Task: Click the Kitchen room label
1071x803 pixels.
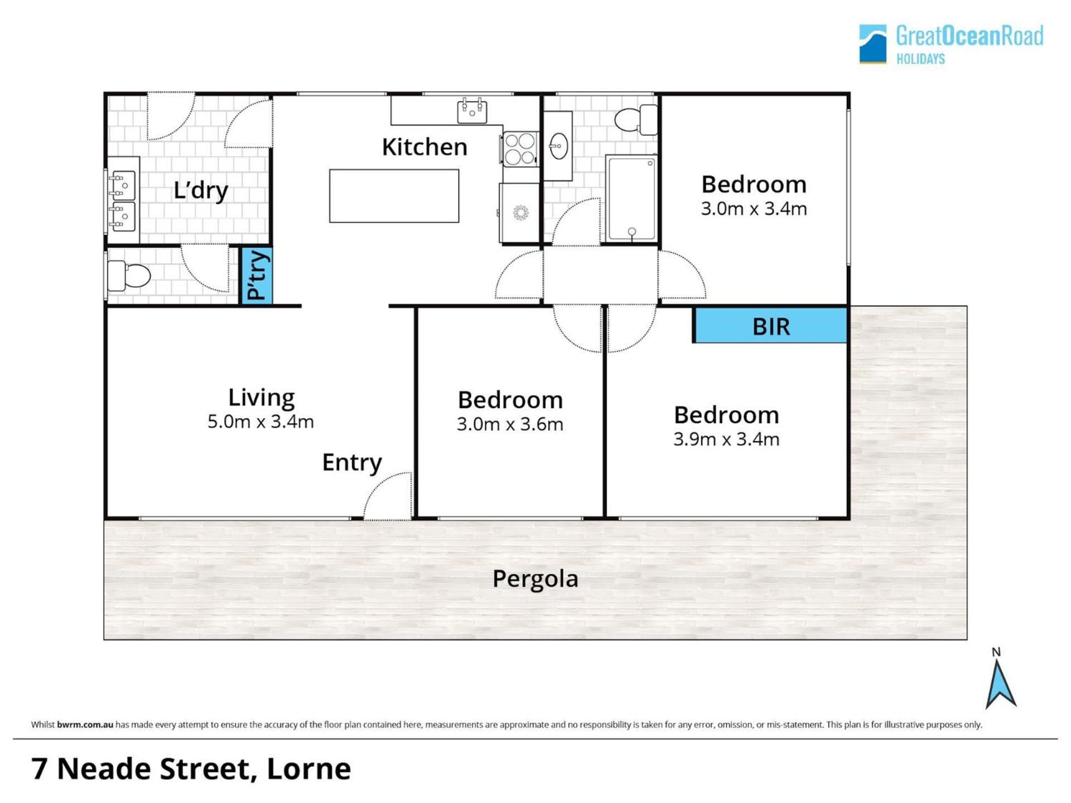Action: pyautogui.click(x=424, y=147)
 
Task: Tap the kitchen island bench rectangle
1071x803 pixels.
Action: pyautogui.click(x=394, y=196)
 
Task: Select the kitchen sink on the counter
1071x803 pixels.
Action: pyautogui.click(x=472, y=110)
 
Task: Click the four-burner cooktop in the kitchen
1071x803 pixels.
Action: pyautogui.click(x=520, y=149)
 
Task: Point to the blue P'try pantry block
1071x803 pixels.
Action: pyautogui.click(x=257, y=275)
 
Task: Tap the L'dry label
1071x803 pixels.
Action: pyautogui.click(x=201, y=190)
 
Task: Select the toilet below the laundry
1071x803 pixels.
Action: pyautogui.click(x=129, y=275)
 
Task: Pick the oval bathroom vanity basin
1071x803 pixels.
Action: pyautogui.click(x=558, y=146)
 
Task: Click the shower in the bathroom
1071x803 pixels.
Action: pyautogui.click(x=631, y=199)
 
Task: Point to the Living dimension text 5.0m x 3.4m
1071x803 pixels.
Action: pyautogui.click(x=260, y=422)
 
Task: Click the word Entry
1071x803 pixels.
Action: pyautogui.click(x=352, y=462)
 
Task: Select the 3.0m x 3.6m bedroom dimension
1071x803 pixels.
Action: pyautogui.click(x=510, y=424)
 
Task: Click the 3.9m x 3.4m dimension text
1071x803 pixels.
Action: pyautogui.click(x=726, y=439)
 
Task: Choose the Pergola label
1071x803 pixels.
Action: pyautogui.click(x=535, y=579)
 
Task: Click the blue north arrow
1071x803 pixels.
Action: pyautogui.click(x=1001, y=684)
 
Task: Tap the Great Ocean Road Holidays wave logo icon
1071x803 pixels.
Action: pyautogui.click(x=873, y=43)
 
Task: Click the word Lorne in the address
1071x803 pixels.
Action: pyautogui.click(x=309, y=769)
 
